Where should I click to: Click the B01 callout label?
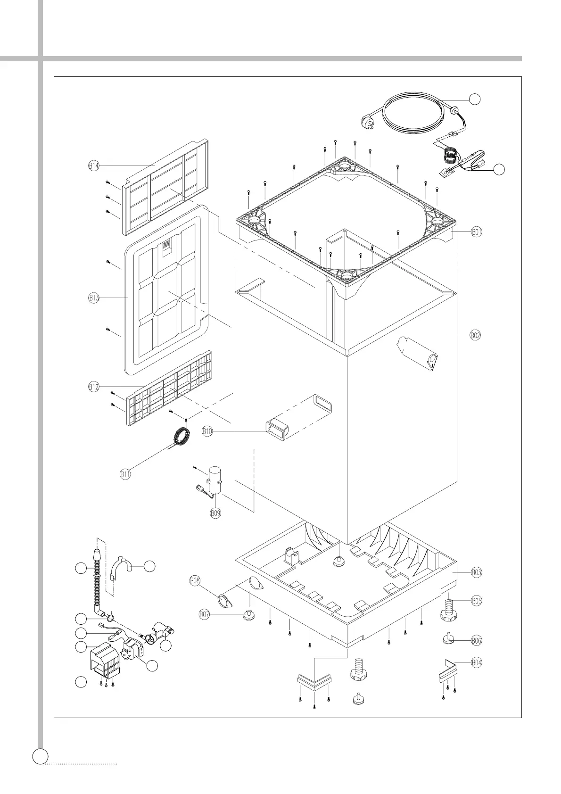coord(477,232)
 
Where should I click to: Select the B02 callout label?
coord(476,335)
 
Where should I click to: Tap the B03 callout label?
coord(477,572)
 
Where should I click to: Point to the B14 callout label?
coord(94,165)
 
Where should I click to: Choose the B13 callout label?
coord(94,298)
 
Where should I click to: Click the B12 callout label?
coord(94,387)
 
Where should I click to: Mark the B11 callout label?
coord(125,474)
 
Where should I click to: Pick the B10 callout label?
coord(208,430)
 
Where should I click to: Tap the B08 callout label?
coord(195,580)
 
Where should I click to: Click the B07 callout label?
coord(204,614)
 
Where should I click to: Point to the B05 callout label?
coord(477,601)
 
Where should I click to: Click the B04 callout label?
coord(477,662)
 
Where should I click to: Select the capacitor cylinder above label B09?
coord(215,480)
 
